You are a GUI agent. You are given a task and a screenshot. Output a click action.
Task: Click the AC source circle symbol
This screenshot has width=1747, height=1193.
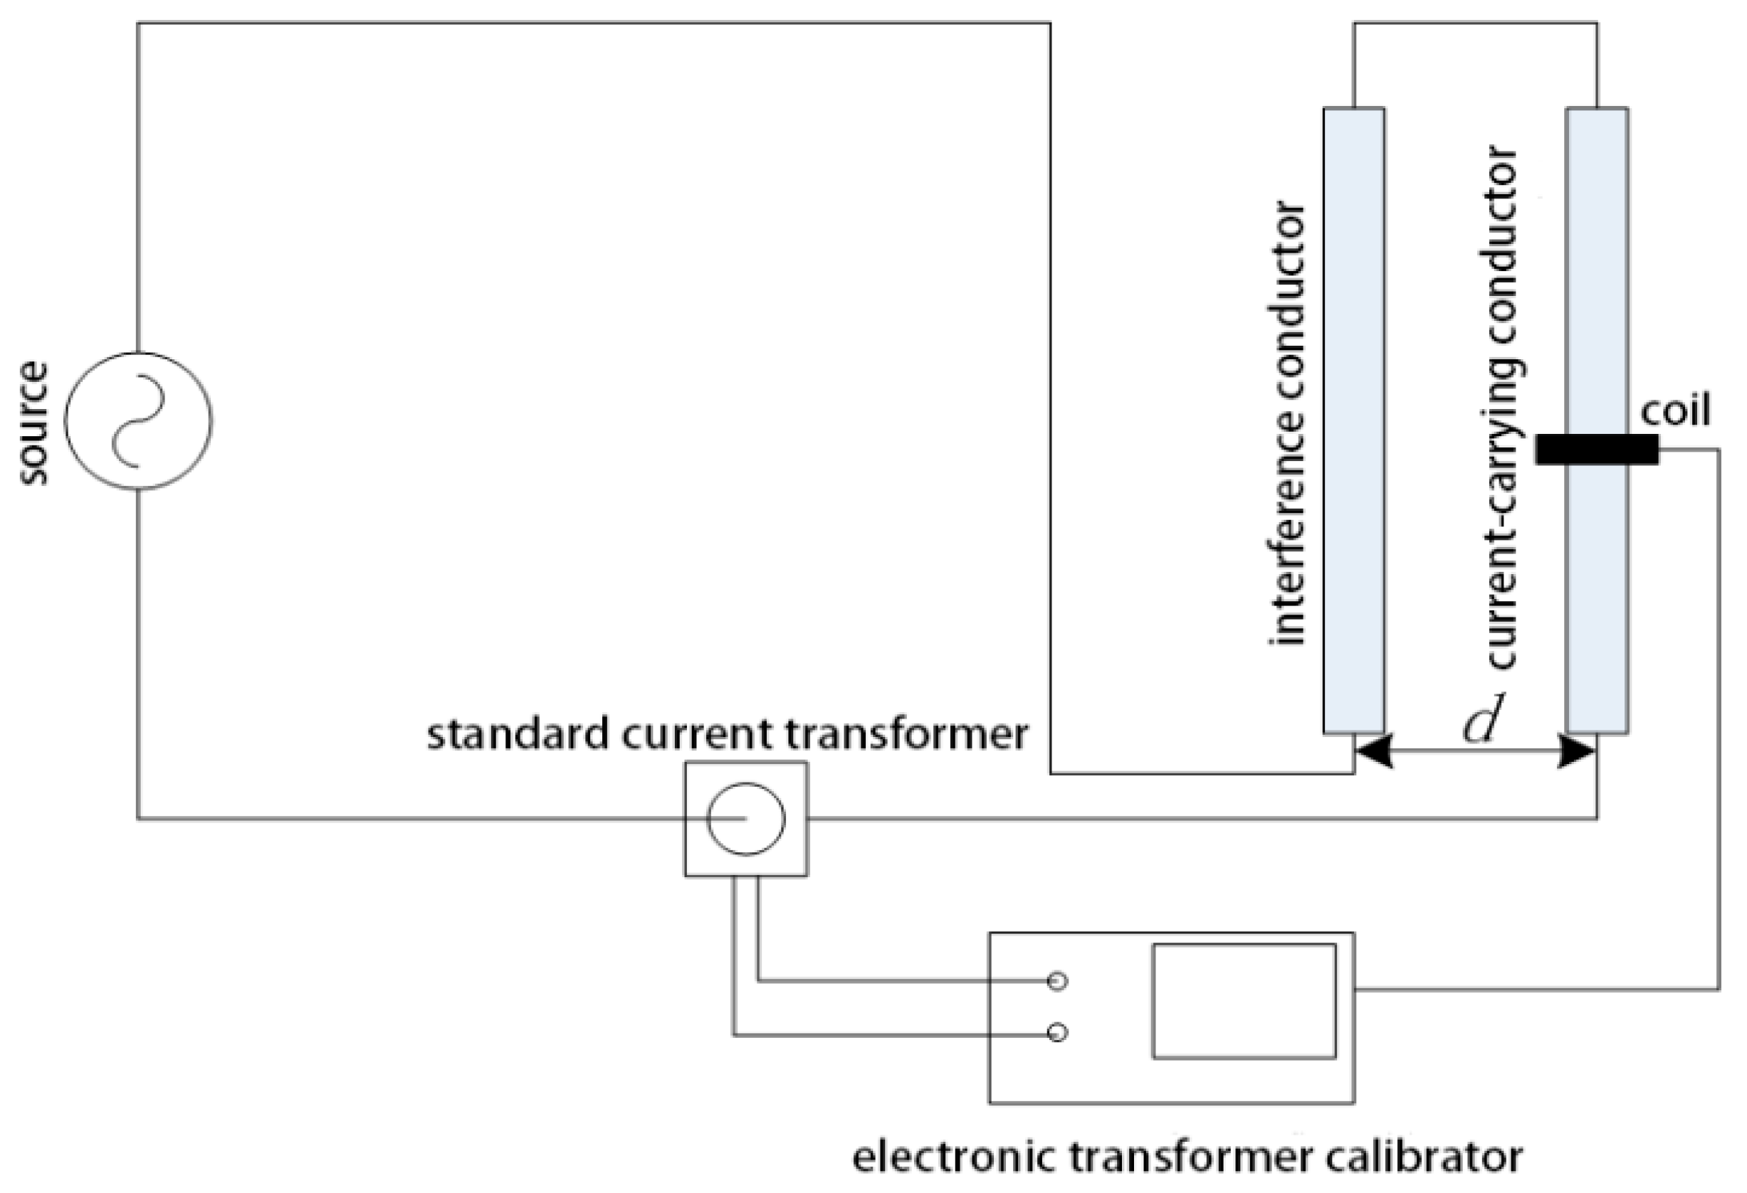point(138,421)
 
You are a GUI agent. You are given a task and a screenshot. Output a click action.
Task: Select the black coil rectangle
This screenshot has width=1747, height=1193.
point(1597,450)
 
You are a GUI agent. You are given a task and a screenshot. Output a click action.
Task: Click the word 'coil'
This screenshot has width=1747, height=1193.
point(1676,410)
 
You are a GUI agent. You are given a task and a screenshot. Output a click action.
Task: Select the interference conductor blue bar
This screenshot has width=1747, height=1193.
point(1354,420)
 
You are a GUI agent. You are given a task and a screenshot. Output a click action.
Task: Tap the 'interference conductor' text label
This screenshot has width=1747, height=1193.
point(1286,423)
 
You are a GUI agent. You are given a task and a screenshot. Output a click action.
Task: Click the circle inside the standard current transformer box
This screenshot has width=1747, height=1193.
point(745,819)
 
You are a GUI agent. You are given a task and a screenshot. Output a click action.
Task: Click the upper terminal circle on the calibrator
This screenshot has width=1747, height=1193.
point(1057,981)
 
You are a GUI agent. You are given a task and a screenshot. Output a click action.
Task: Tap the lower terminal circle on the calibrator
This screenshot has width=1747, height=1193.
point(1057,1034)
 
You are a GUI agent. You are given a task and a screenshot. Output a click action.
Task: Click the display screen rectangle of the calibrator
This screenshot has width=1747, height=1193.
point(1244,1002)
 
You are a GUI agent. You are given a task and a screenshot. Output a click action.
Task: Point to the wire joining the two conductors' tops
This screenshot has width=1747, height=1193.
point(1475,23)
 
